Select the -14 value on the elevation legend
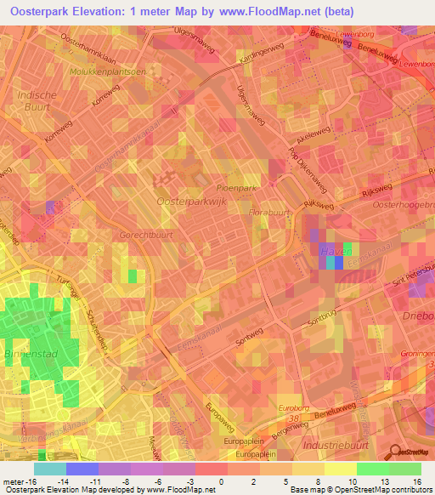(x=83, y=481)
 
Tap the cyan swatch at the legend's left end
(x=50, y=468)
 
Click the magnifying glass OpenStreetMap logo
(x=394, y=451)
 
